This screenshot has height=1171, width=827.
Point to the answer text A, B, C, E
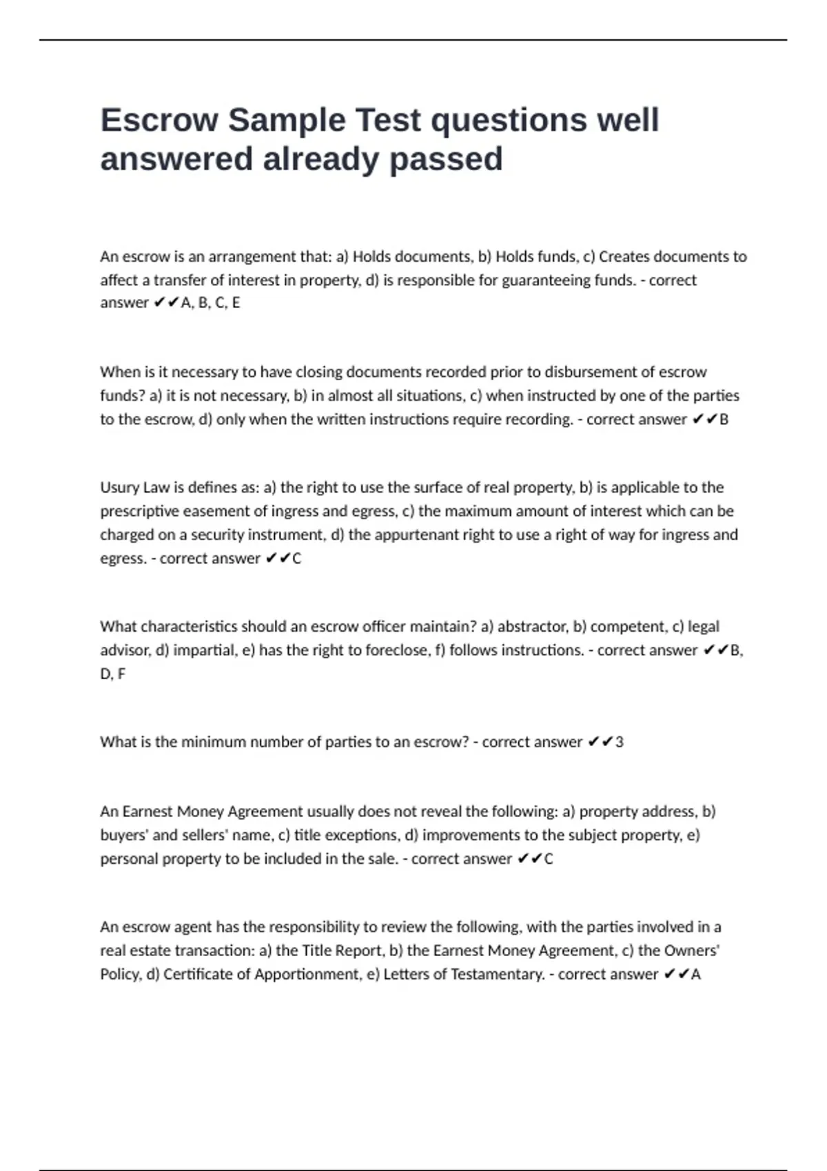(x=210, y=303)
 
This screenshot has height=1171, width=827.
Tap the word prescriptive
(x=140, y=511)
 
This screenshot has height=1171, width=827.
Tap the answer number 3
(x=620, y=742)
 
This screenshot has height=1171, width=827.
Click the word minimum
(x=214, y=742)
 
